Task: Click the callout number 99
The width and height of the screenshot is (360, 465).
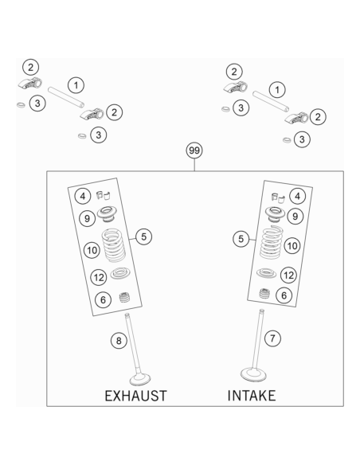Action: (194, 150)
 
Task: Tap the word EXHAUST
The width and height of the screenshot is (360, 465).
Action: (136, 396)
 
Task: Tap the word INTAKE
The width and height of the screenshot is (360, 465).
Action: (252, 396)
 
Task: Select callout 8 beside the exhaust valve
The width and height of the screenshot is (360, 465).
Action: (119, 341)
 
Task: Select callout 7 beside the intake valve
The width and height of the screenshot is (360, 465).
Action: (272, 338)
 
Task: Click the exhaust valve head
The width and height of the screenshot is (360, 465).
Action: (140, 379)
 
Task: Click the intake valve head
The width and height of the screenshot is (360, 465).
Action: (253, 374)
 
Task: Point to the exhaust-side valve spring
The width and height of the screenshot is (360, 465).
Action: (114, 245)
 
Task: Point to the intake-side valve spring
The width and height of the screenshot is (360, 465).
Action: (272, 242)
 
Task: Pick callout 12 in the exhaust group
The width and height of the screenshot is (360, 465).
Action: (99, 277)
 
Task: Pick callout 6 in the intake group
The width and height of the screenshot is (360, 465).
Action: (284, 295)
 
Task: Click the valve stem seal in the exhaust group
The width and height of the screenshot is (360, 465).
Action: (125, 297)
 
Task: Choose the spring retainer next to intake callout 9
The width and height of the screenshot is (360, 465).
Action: (275, 214)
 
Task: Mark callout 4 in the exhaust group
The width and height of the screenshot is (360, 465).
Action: (83, 196)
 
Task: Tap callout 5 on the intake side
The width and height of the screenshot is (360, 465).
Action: (241, 239)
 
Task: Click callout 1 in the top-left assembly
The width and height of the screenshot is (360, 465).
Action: (76, 85)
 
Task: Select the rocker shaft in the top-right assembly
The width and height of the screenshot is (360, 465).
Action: (271, 102)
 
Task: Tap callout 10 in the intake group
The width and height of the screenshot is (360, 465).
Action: (292, 245)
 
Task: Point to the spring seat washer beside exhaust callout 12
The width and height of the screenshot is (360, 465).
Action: (120, 273)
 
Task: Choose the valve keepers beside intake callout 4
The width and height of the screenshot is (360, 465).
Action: (278, 197)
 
